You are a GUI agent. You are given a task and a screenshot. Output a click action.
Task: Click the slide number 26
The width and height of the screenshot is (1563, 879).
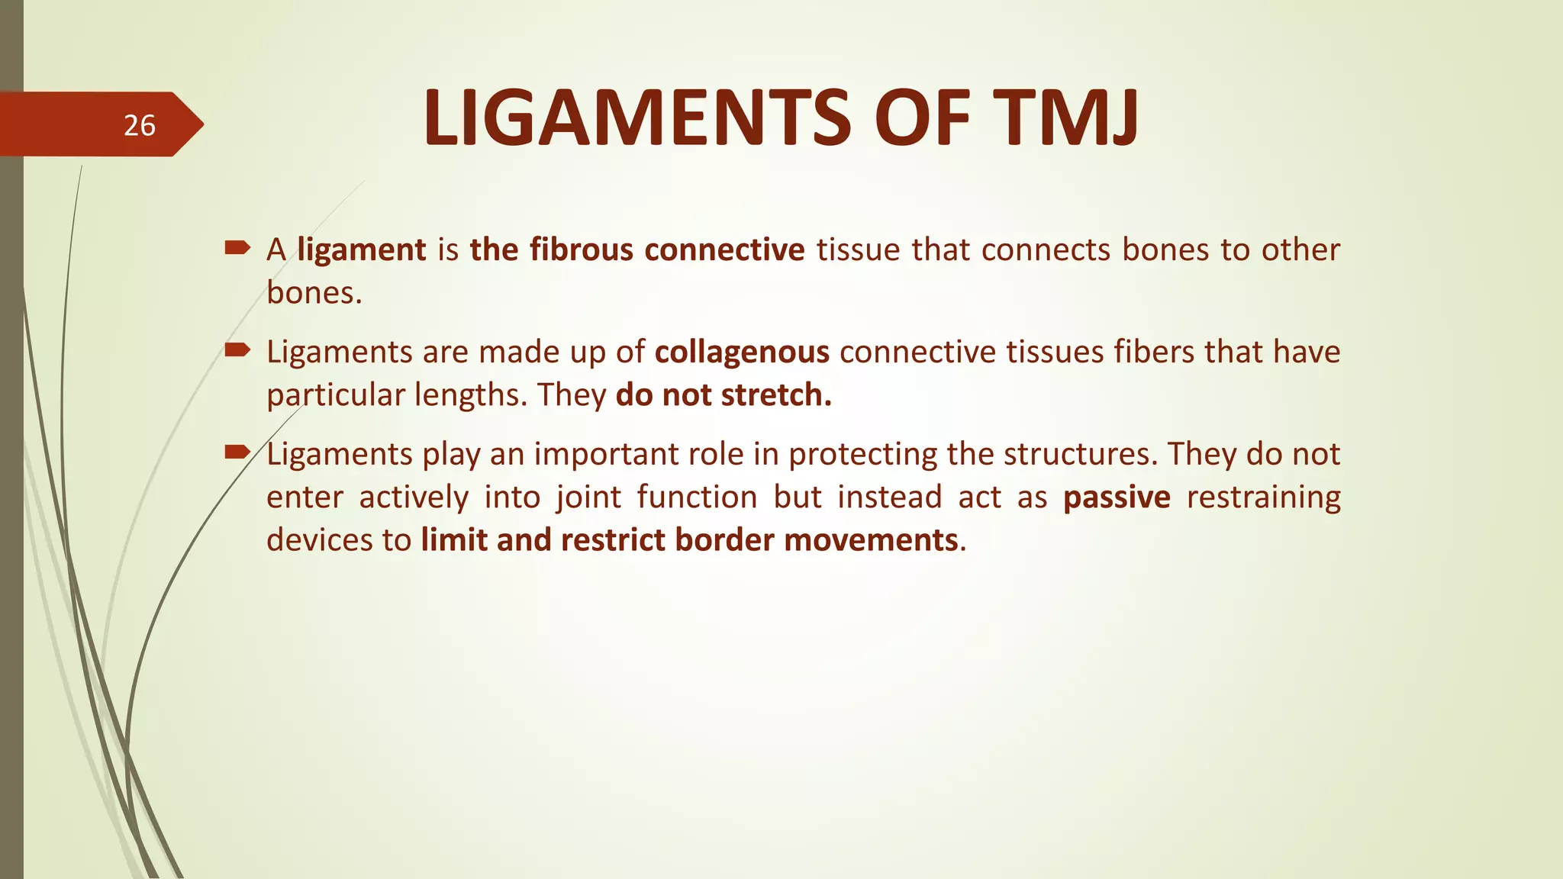point(139,125)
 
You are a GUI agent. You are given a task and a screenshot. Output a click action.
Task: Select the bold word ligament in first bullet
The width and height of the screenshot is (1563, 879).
point(361,250)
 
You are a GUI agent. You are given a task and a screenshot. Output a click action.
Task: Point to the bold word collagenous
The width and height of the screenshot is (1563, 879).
point(742,353)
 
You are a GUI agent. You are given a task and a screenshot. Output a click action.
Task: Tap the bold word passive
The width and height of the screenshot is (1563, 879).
point(1117,497)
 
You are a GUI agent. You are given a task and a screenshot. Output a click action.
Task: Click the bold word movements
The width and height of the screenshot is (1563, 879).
point(871,540)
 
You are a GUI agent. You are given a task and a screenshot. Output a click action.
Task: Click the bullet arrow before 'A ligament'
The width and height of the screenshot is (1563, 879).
point(237,247)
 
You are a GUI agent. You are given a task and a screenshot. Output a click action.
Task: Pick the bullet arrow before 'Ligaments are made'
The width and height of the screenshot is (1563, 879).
point(237,350)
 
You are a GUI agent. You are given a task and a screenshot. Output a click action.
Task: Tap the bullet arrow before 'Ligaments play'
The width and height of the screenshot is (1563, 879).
point(237,452)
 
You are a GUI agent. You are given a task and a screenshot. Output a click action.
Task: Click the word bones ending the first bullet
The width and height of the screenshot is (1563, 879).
point(313,293)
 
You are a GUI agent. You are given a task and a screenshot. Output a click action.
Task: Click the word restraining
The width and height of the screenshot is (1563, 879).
point(1263,497)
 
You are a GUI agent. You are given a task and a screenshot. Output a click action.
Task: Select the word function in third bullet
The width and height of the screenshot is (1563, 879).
point(697,497)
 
